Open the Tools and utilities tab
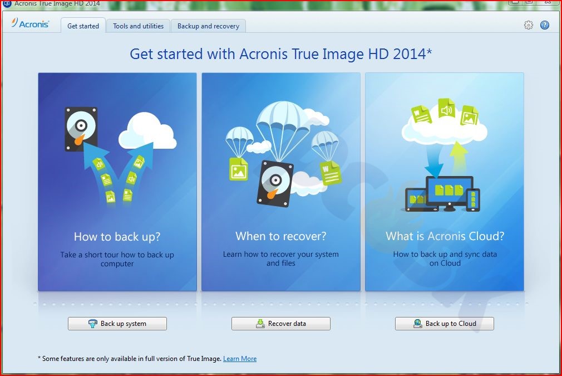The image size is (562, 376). click(138, 26)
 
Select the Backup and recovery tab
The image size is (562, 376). click(208, 26)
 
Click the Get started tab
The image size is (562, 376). click(83, 26)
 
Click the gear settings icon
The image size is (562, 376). click(528, 25)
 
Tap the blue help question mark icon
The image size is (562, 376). click(544, 25)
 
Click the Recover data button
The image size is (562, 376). click(280, 324)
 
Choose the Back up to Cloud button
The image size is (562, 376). click(445, 324)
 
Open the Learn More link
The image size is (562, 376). click(240, 358)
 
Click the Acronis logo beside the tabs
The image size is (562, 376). click(30, 23)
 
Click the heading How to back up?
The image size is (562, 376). click(117, 236)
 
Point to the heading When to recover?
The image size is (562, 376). click(281, 236)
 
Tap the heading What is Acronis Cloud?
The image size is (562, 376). click(445, 236)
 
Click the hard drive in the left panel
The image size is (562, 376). click(81, 129)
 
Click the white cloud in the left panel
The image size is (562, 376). click(147, 131)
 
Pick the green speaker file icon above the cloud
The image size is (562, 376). click(447, 108)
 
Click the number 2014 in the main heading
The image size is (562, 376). click(410, 54)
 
